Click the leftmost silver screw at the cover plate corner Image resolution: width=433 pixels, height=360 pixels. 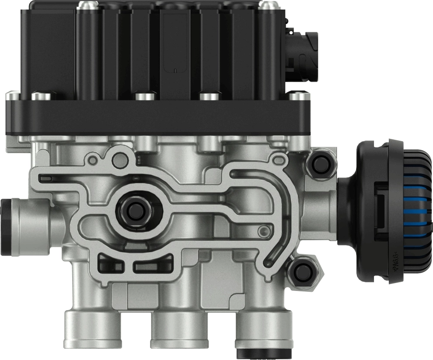click(x=12, y=94)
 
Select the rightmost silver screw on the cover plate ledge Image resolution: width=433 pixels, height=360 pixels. click(x=299, y=96)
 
